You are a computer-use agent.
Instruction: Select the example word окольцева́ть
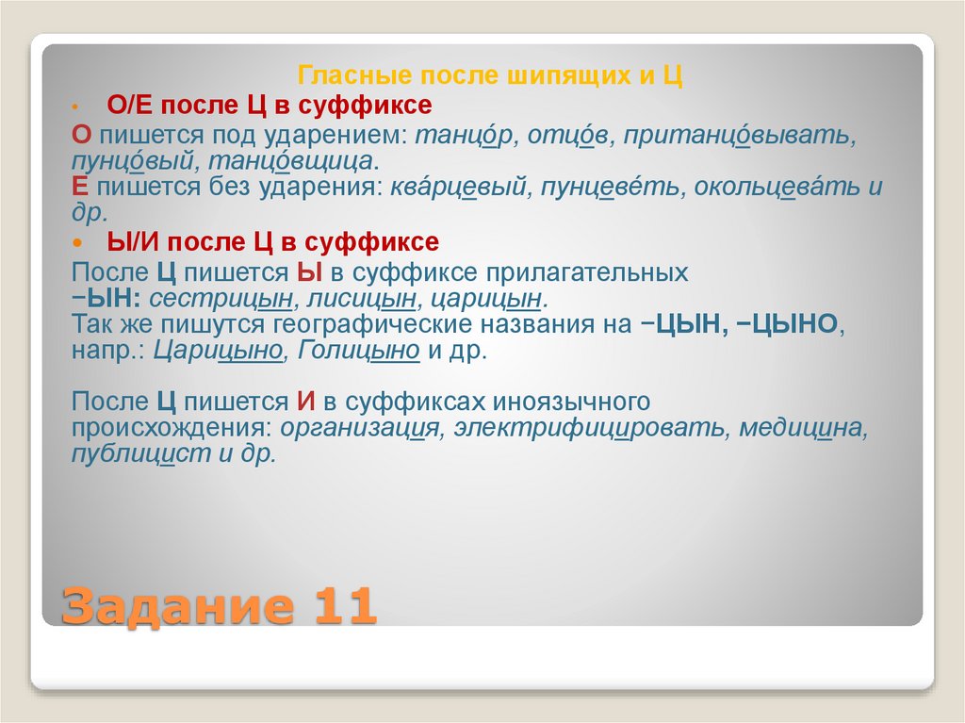pyautogui.click(x=772, y=187)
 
